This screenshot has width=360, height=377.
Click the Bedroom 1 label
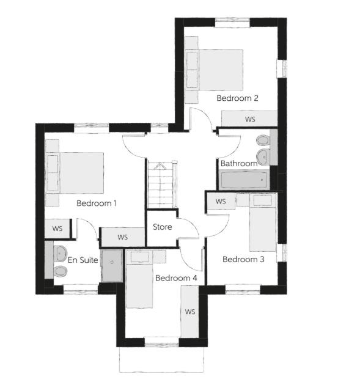click(x=96, y=203)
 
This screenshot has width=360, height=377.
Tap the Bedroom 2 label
click(x=237, y=98)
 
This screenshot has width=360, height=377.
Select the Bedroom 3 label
click(x=243, y=260)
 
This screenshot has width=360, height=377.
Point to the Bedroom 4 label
click(x=176, y=278)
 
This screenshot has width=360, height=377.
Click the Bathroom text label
click(x=239, y=164)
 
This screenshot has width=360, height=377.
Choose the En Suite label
click(x=83, y=260)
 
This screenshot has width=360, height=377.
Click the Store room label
click(x=163, y=227)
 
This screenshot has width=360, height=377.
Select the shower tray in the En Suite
click(x=112, y=265)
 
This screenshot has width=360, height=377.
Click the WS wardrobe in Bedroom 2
click(x=249, y=119)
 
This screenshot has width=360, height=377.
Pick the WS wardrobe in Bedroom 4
click(x=189, y=311)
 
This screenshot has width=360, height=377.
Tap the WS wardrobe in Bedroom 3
click(x=220, y=201)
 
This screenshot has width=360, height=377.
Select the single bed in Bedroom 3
click(x=263, y=223)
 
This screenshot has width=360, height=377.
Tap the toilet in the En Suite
click(x=60, y=271)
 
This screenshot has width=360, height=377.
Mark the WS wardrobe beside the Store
click(x=122, y=236)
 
